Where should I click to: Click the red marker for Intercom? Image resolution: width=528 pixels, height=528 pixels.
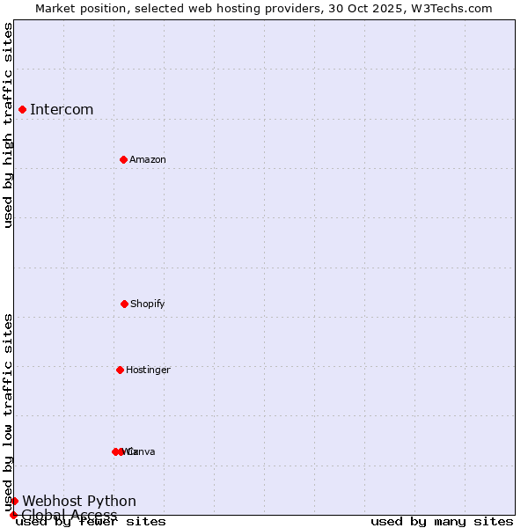point(22,109)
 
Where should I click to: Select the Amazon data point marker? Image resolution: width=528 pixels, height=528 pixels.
point(123,159)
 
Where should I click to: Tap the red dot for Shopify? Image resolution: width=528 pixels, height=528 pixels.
point(124,304)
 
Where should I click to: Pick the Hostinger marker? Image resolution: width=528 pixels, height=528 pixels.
point(120,370)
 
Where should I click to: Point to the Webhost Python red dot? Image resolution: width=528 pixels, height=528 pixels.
point(14,501)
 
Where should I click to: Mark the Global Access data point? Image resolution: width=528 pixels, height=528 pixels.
point(13,515)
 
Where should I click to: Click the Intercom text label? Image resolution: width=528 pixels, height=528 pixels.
point(62,110)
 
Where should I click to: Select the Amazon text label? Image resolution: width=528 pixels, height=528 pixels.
point(148,160)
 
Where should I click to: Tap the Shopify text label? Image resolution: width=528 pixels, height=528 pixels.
point(148,304)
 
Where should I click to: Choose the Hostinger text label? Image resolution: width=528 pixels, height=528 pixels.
point(148,370)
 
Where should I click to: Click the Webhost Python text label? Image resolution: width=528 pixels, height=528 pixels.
point(79,502)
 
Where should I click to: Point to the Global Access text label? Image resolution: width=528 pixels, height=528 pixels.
point(70,515)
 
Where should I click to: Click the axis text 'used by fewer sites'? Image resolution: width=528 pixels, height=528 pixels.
point(91,522)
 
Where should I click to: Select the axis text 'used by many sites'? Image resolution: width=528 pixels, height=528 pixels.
point(442,522)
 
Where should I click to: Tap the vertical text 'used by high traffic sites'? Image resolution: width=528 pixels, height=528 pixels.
point(9,125)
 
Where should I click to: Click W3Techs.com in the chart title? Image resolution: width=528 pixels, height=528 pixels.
point(453,8)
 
